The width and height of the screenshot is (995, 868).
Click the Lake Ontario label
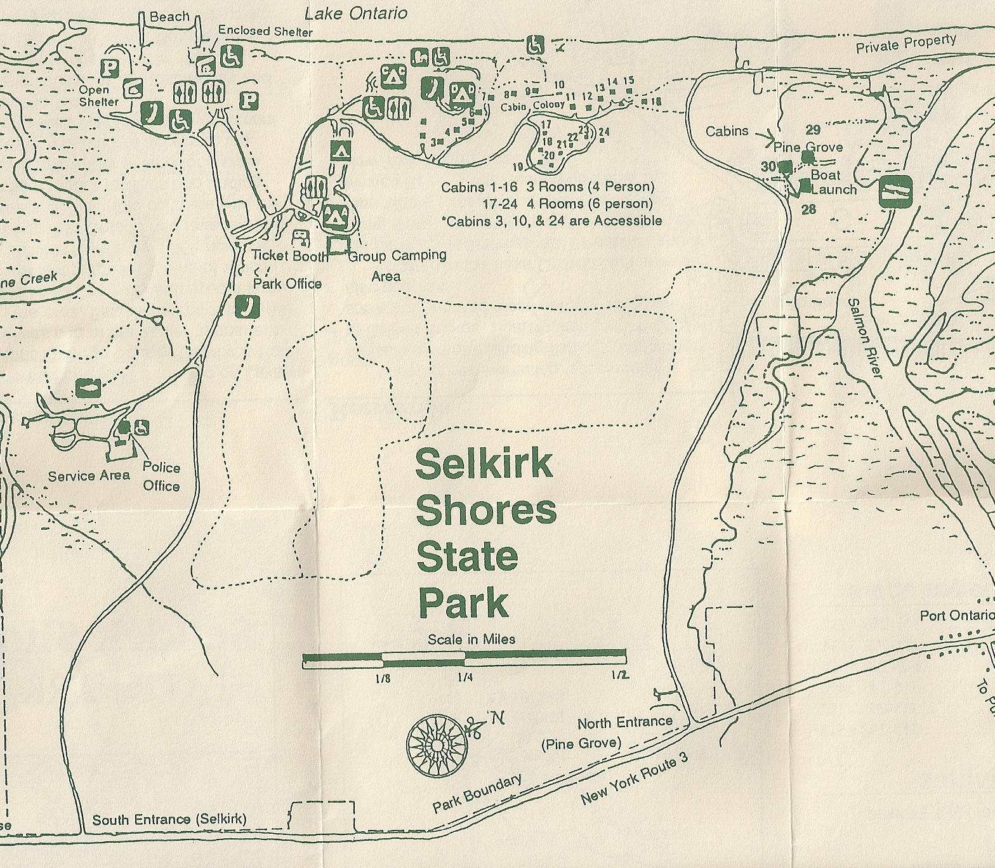coord(355,13)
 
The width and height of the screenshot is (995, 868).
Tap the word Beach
coord(169,16)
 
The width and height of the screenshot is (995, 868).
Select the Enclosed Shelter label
coord(265,31)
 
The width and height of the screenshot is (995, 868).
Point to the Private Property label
coord(906,44)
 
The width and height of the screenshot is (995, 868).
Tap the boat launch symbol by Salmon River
coord(895,191)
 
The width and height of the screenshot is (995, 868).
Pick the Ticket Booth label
coord(290,256)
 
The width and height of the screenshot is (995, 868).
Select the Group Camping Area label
coord(397,265)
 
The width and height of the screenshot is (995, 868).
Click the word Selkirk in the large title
coord(484,464)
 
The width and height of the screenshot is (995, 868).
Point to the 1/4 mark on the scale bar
coord(465,677)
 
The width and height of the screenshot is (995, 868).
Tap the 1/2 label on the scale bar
coord(620,675)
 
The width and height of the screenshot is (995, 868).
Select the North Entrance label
coord(624,723)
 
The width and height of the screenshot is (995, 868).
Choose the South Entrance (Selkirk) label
coord(169,819)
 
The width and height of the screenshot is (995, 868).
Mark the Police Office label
coord(161,477)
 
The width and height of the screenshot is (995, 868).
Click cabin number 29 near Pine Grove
coord(813,130)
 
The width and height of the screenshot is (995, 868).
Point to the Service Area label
coord(89,476)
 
